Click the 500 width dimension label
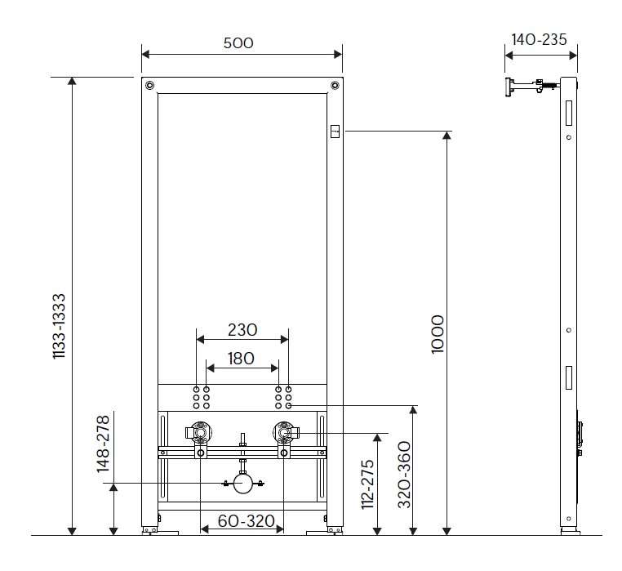click(x=238, y=42)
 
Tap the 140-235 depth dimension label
click(x=539, y=40)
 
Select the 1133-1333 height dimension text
click(x=59, y=326)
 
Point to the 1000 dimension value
click(x=438, y=334)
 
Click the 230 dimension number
click(x=242, y=330)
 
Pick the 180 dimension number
click(x=241, y=359)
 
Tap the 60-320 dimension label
click(x=246, y=521)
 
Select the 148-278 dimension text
click(x=103, y=444)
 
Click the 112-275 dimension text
click(x=367, y=484)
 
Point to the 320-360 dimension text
click(x=404, y=475)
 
